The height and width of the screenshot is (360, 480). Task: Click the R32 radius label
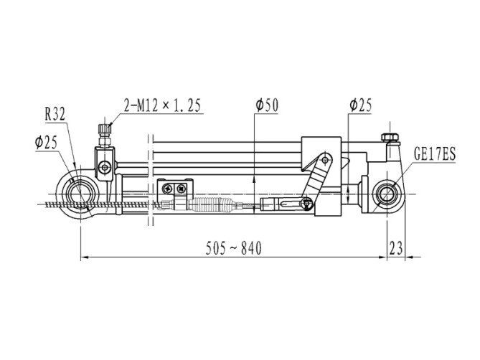[x=55, y=115]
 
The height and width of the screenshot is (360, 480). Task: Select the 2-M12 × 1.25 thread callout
[x=162, y=105]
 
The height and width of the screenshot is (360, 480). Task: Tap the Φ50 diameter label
[x=267, y=105]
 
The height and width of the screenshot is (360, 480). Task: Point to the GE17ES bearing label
[x=435, y=154]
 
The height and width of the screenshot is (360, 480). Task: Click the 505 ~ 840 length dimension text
[x=234, y=248]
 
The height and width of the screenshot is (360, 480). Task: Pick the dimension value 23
[x=396, y=248]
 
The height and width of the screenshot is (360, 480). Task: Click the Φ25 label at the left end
[x=46, y=142]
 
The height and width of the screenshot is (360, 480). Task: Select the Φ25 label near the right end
[x=361, y=105]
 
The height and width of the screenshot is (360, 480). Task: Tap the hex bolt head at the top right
[x=390, y=137]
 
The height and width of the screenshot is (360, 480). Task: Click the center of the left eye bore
[x=80, y=194]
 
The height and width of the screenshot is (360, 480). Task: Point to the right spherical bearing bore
[x=387, y=194]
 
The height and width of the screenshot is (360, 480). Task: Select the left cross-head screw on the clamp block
[x=168, y=189]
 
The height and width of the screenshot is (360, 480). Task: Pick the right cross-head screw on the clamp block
[x=182, y=189]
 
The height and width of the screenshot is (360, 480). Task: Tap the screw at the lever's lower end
[x=307, y=203]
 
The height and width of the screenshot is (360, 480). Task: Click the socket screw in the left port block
[x=105, y=168]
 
